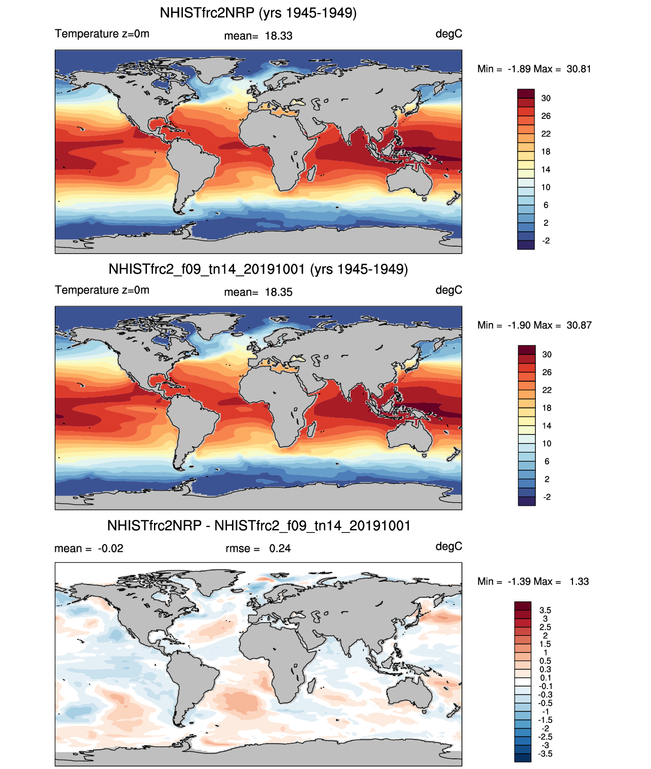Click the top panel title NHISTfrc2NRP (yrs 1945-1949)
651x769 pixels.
(258, 13)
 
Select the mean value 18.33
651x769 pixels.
(279, 36)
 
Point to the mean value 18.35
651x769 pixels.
(279, 292)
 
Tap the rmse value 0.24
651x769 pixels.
(280, 548)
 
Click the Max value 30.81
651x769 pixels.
(579, 69)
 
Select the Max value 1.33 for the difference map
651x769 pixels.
(579, 581)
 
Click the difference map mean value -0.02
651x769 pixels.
(110, 548)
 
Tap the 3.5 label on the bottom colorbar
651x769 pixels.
(545, 610)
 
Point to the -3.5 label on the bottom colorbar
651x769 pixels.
(545, 753)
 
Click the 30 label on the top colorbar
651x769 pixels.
(546, 98)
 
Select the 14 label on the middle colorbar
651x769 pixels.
(546, 426)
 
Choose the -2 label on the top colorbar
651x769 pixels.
(546, 240)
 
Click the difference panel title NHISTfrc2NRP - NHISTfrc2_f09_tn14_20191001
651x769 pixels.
(258, 525)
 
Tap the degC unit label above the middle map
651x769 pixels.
(448, 290)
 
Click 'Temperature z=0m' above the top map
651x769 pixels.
(102, 34)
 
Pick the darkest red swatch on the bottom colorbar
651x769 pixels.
(523, 605)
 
